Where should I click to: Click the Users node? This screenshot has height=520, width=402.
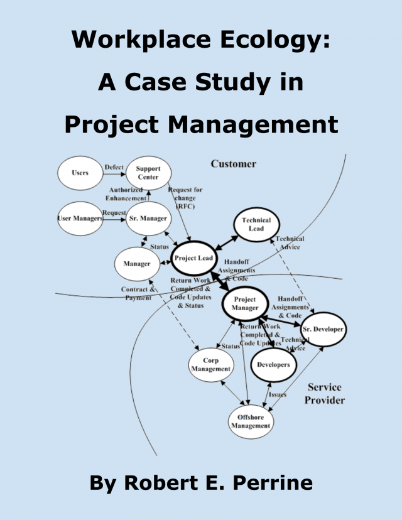pos(80,173)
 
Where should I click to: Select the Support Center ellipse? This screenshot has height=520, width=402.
pos(149,173)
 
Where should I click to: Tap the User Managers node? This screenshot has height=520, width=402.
pos(80,219)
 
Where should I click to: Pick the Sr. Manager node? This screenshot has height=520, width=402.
pos(149,219)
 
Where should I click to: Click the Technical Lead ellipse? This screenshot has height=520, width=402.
pos(256,224)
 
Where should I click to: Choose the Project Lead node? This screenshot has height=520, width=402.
pos(193,258)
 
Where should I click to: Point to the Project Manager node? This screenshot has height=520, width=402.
pos(245,304)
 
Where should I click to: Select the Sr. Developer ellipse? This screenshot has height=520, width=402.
pos(323,329)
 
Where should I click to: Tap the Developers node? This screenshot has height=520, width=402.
pos(273,365)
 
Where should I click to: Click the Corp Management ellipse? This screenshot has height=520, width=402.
pos(211,365)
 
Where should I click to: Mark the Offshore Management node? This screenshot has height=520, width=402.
pos(251,421)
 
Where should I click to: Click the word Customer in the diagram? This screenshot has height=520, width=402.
pos(234,164)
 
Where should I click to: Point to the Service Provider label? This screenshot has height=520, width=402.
pos(325,394)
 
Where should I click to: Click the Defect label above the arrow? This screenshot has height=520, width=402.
pos(114,167)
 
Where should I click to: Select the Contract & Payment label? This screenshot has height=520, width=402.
pos(138,293)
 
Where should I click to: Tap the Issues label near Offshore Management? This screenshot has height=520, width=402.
pos(278,394)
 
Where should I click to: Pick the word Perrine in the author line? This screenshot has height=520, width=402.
pos(273,482)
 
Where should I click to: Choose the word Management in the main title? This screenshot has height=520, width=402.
pos(253,126)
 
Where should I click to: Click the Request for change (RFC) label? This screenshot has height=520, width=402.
pos(185,198)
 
